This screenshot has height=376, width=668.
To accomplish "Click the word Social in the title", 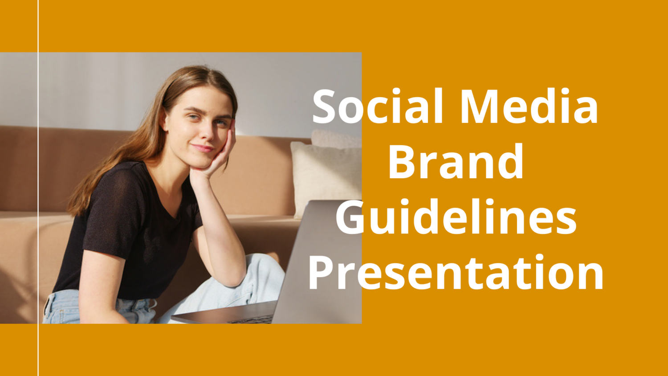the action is tap(378, 106).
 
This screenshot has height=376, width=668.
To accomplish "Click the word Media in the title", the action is tap(530, 106).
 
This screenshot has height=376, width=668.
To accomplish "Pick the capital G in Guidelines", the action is tap(351, 217).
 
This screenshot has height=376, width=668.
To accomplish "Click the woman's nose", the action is tap(207, 133).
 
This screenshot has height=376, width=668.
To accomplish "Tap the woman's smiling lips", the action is tap(203, 148).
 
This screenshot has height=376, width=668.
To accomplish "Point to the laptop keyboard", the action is tap(250, 320).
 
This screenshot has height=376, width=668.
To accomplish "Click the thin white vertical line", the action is tap(38, 188).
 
